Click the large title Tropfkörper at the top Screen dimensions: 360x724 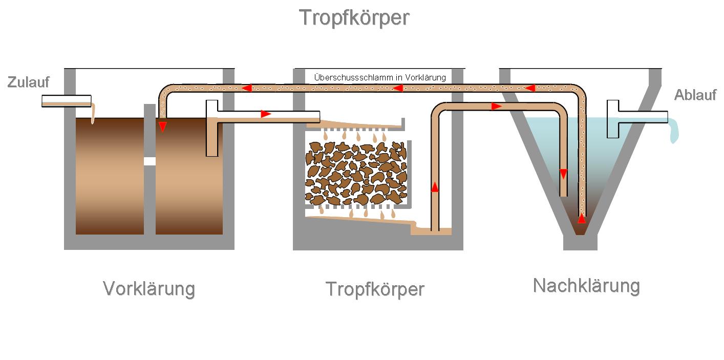click(x=354, y=18)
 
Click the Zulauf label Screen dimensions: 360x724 click(x=28, y=82)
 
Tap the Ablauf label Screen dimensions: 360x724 click(x=695, y=95)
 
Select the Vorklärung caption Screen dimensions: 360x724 click(x=149, y=289)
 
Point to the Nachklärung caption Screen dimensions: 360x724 click(x=586, y=286)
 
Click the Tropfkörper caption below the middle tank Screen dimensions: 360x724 click(x=375, y=289)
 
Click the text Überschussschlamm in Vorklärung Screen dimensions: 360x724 click(x=379, y=77)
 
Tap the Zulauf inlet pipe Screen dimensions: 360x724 click(x=66, y=101)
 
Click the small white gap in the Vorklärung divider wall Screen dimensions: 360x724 click(x=150, y=161)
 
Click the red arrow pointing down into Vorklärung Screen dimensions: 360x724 click(x=162, y=126)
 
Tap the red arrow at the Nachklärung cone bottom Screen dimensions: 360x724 click(x=582, y=219)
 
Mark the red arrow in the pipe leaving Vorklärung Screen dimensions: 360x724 click(x=266, y=114)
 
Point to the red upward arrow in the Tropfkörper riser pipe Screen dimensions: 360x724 click(x=435, y=187)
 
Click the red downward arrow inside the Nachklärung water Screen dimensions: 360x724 click(x=563, y=174)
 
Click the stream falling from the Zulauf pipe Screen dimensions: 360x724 click(x=93, y=113)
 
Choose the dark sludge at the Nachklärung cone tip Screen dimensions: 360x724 click(x=580, y=230)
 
